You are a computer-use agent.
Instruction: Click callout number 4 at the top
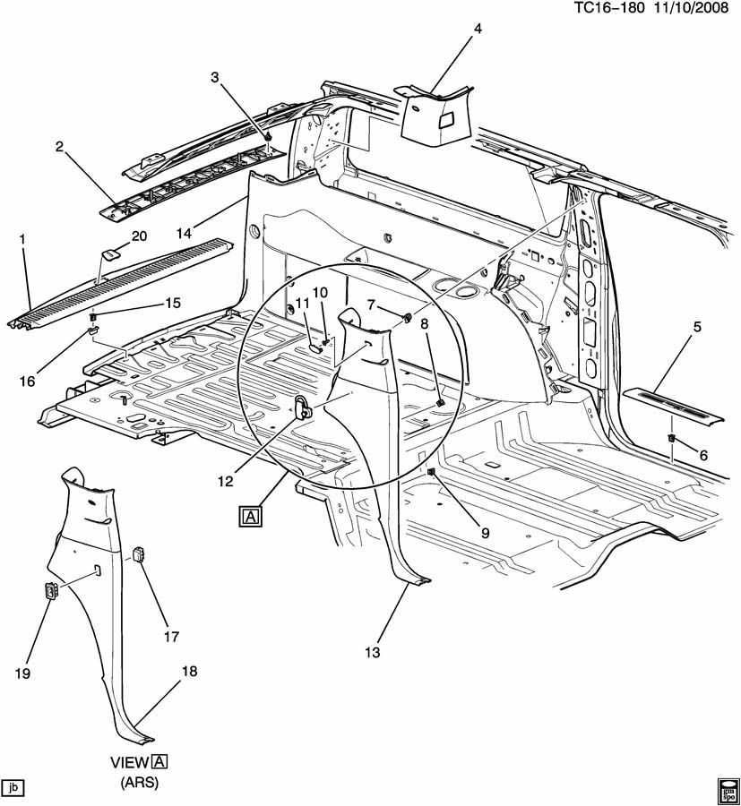(478, 29)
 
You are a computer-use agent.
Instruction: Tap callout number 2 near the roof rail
(59, 147)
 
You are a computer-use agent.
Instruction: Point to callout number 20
(138, 236)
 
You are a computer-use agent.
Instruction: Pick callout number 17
(170, 637)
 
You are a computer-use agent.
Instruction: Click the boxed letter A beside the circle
(251, 516)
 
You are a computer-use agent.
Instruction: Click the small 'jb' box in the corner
(13, 788)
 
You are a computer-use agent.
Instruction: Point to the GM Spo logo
(727, 789)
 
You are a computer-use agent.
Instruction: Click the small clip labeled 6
(671, 438)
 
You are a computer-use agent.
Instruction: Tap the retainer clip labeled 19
(49, 591)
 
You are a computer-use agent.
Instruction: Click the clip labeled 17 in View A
(139, 553)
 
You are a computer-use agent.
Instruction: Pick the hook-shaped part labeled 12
(303, 407)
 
